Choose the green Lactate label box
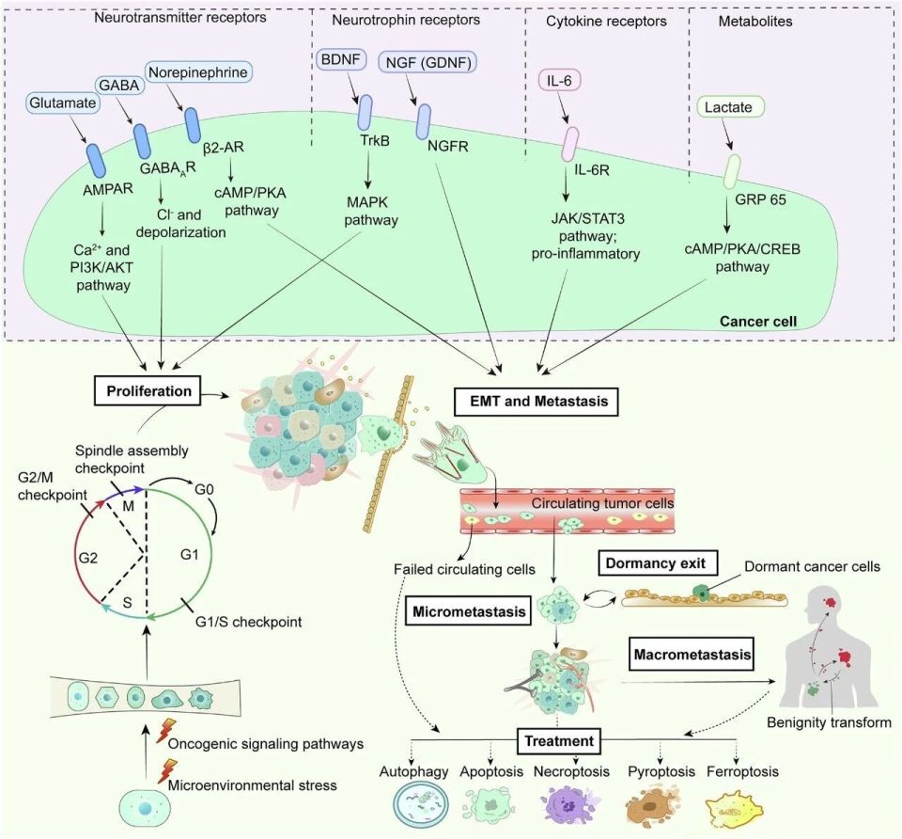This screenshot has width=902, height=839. [727, 107]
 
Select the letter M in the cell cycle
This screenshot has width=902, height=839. [129, 506]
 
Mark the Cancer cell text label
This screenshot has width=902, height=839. [757, 322]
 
